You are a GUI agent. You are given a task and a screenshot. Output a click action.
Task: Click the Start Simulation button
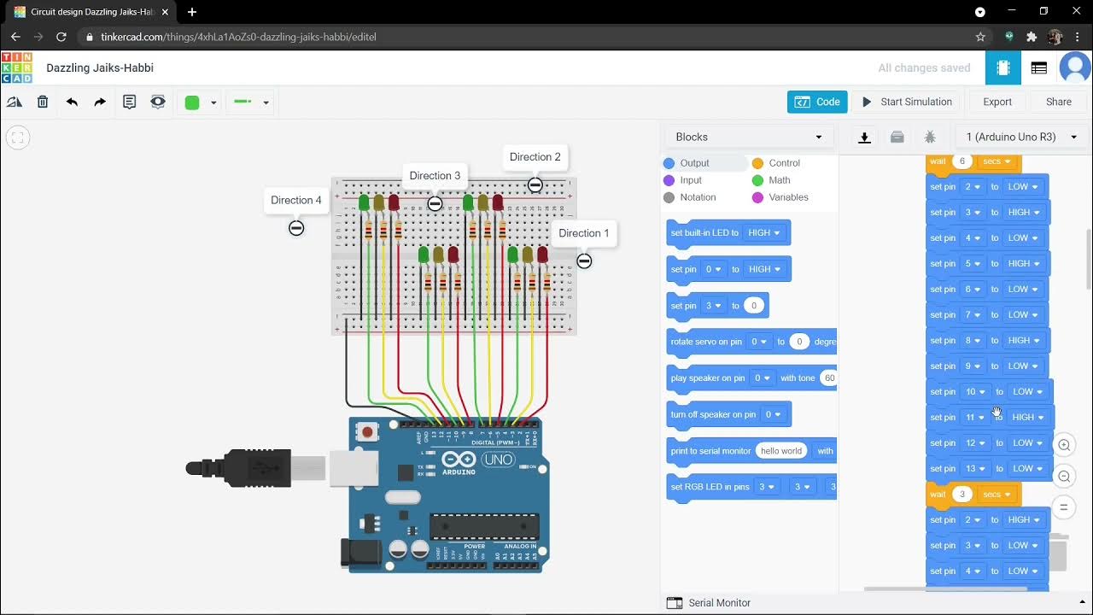coord(906,102)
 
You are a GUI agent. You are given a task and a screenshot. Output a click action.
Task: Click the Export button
coord(997,102)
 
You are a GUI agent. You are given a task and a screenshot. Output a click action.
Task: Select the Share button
coord(1058,102)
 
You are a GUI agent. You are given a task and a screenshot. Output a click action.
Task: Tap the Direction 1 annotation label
coord(584,233)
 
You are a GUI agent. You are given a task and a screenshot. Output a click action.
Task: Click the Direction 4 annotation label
coord(296,201)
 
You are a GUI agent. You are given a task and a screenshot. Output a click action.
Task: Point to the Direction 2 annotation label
coord(535,157)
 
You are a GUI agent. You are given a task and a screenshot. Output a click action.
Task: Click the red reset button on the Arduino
coord(367,432)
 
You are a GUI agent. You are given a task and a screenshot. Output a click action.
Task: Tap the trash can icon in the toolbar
coord(43,102)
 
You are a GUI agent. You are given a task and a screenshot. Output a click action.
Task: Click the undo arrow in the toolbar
coord(72,102)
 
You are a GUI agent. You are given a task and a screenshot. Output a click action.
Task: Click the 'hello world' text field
coord(781,451)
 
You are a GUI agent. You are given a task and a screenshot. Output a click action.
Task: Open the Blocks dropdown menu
coord(748,137)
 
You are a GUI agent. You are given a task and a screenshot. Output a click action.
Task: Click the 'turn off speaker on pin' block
coord(714,415)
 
